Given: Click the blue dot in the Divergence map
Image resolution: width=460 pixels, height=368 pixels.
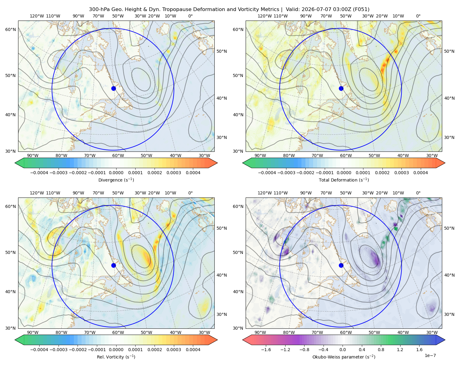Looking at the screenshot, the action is pos(113,88).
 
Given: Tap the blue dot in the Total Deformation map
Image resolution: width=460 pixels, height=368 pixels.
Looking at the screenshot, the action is pos(341,88).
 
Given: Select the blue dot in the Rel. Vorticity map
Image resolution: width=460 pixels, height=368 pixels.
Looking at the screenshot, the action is pos(113,265).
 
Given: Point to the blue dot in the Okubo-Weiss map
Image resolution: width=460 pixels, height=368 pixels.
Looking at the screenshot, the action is pos(341,265).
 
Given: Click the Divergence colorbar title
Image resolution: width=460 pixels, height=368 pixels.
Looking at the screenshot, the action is pos(116,180).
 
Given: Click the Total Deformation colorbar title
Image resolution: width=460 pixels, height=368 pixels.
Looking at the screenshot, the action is pos(344,180).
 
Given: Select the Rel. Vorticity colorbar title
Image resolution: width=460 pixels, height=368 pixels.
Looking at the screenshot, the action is pos(116,357).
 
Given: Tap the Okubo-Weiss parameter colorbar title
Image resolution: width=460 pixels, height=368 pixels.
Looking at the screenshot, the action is pos(344,357).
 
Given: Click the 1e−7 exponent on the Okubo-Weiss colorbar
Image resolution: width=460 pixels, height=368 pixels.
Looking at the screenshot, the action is pos(430,355).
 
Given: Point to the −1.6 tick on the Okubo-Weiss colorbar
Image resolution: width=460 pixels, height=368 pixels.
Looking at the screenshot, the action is pos(266,349).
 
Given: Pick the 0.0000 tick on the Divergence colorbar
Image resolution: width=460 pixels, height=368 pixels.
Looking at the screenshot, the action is pos(116,173).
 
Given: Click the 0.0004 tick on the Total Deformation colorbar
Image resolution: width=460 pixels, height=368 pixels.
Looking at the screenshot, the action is pos(420,173).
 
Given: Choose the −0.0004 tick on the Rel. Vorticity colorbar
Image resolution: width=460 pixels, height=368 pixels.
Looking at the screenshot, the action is pos(39,349).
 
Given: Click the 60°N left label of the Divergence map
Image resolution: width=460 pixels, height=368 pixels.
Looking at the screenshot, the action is pos(10,29).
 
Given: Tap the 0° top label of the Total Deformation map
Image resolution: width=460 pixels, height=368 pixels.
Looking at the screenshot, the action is pos(418,16).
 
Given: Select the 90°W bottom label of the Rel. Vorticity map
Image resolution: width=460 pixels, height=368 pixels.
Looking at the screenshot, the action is pos(33,332).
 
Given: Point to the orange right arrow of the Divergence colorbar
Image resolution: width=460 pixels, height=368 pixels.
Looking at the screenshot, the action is pos(213,163).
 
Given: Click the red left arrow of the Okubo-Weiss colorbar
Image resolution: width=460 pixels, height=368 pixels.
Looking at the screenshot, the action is pos(247,340).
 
